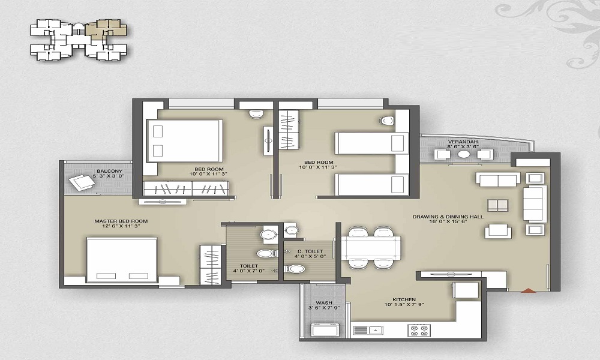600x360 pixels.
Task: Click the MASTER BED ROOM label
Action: point(121,221)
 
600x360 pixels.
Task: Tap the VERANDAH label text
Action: point(463,142)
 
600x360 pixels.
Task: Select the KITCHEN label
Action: point(404,299)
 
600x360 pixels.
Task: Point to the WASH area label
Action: point(324,302)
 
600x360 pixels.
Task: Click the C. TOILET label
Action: point(310,251)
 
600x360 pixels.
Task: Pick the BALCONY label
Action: point(109,171)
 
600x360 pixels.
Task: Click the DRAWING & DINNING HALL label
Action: point(448,217)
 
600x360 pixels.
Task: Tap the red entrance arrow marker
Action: point(529,290)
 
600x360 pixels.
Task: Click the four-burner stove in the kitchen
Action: point(419,330)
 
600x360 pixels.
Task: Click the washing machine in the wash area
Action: point(325,329)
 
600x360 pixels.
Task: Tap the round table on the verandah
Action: point(464,154)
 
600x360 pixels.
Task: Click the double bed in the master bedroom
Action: point(122,260)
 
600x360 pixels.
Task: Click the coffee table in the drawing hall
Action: point(498,205)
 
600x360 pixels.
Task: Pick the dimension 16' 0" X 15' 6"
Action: point(448,221)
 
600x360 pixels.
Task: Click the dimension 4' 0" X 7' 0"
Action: point(249,271)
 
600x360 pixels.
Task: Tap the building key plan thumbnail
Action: point(79,40)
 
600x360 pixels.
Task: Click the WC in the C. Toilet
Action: point(295,269)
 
